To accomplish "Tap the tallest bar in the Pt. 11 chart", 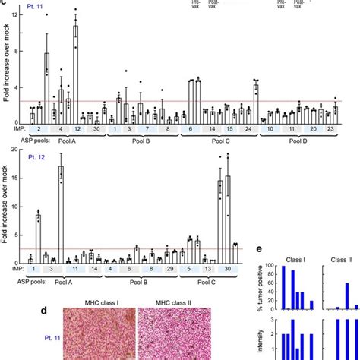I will (x=76, y=73).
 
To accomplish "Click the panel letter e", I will (x=261, y=248).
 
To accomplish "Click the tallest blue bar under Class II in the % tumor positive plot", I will (x=347, y=296).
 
